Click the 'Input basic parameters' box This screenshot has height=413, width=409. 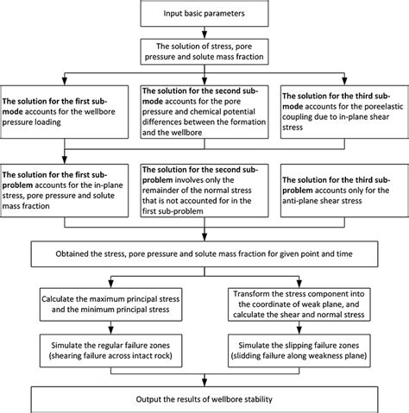(204, 14)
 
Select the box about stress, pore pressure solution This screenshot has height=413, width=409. (204, 49)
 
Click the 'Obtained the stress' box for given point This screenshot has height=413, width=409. (204, 254)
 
